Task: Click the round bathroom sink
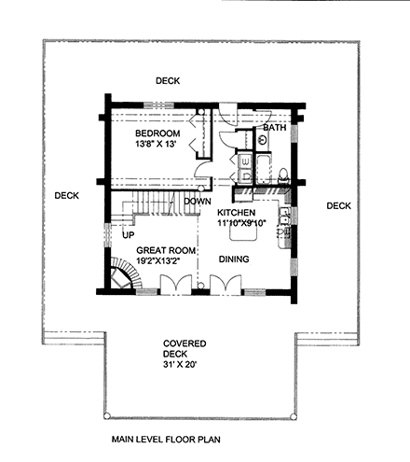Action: (x=263, y=139)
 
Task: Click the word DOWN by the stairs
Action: (x=196, y=202)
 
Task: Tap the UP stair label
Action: (x=129, y=235)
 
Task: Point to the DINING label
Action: (x=233, y=259)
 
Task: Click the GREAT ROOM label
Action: (x=164, y=251)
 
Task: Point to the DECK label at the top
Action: (x=168, y=80)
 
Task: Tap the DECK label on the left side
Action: (x=66, y=195)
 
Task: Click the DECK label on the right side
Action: (x=338, y=205)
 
